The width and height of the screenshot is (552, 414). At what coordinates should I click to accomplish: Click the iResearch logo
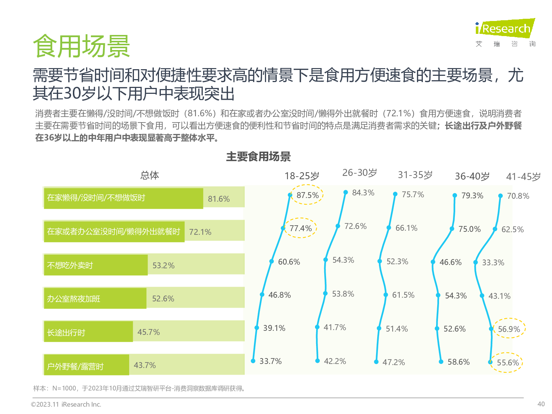click(x=505, y=29)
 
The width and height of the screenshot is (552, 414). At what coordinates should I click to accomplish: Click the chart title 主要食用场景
click(x=258, y=156)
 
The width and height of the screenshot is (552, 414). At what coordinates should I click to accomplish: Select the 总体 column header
click(x=149, y=175)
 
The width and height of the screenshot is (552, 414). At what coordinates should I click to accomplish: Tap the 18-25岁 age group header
click(x=302, y=176)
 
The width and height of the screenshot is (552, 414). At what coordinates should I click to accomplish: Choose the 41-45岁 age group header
click(x=523, y=177)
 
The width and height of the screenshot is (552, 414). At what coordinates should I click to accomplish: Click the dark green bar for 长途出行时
click(x=88, y=332)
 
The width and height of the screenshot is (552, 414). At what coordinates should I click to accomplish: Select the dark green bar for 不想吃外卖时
click(x=96, y=265)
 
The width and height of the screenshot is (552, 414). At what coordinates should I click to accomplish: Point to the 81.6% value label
click(x=219, y=199)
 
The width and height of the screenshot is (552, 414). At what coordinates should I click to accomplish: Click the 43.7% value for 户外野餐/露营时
click(x=145, y=365)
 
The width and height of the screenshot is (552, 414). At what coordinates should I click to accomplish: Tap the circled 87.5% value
click(x=307, y=195)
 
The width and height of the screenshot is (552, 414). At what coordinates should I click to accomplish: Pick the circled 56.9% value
click(x=509, y=329)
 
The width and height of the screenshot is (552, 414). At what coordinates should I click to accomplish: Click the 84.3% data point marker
click(x=346, y=192)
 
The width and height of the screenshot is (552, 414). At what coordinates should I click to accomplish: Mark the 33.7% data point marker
click(x=253, y=361)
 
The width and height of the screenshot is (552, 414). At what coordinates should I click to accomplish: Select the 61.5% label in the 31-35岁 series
click(x=403, y=295)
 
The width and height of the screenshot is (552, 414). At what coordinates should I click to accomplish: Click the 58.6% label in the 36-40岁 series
click(x=459, y=362)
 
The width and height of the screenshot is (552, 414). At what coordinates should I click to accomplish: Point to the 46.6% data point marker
click(x=433, y=262)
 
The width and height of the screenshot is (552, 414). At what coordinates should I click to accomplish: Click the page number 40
click(x=541, y=404)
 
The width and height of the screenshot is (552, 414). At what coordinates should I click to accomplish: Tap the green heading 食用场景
click(x=81, y=46)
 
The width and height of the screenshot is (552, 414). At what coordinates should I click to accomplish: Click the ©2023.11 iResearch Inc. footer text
click(x=66, y=404)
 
